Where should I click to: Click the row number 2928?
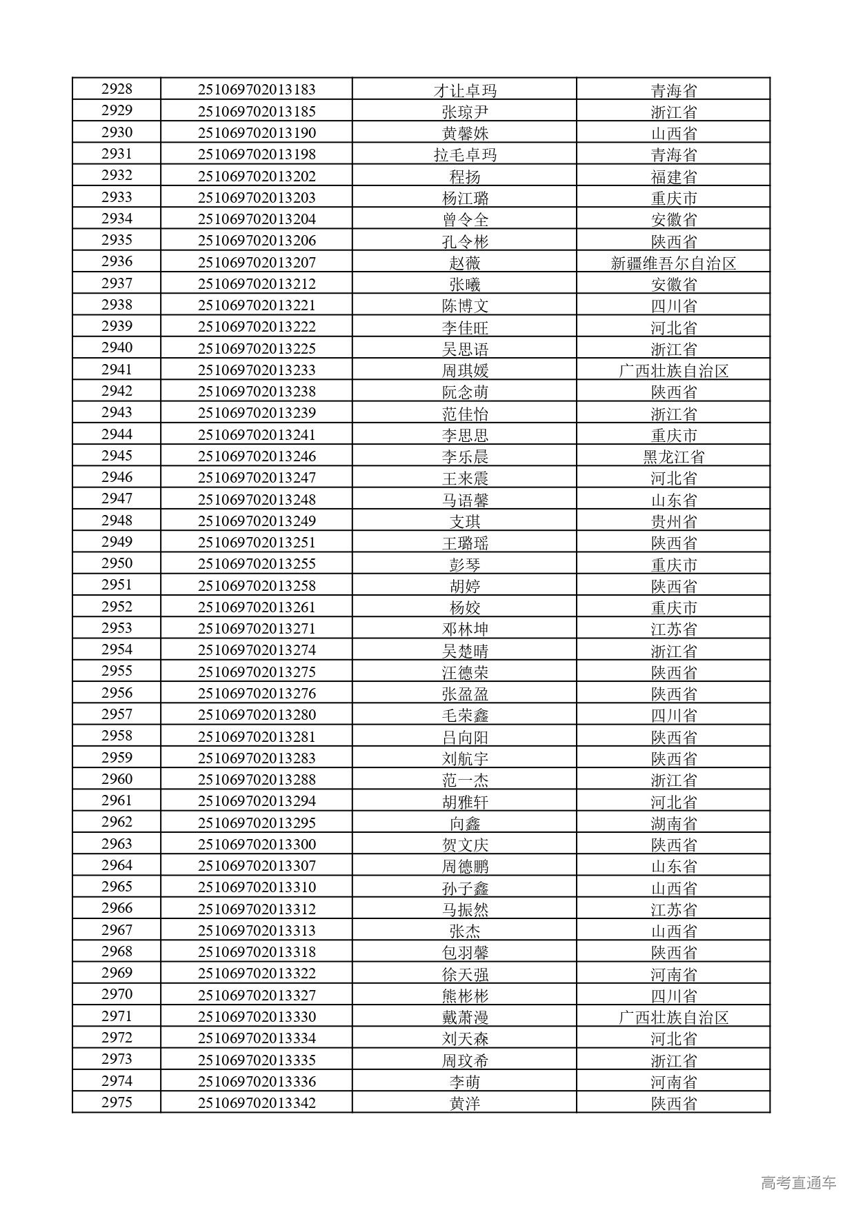[117, 89]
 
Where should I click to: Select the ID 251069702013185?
[257, 111]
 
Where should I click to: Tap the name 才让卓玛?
[464, 90]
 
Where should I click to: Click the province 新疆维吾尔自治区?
[673, 263]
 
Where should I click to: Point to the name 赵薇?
[464, 263]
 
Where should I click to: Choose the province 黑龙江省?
[673, 456]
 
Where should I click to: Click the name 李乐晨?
[464, 456]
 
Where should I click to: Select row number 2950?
[117, 563]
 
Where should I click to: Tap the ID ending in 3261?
[257, 607]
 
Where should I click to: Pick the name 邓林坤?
[464, 629]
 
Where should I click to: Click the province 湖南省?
[673, 823]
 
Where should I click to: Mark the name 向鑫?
[464, 823]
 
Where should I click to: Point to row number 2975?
[117, 1102]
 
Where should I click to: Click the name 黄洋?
[464, 1103]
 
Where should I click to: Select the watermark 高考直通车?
[798, 1182]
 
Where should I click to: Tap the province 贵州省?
[673, 521]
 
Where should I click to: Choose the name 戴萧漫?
[464, 1017]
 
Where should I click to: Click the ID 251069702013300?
[257, 845]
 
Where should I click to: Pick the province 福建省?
[673, 177]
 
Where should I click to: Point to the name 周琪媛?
[464, 370]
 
